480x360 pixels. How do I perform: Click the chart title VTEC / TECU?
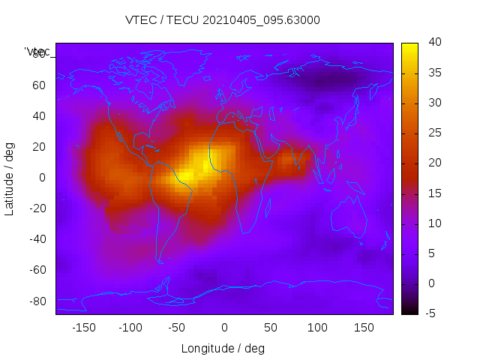click(223, 20)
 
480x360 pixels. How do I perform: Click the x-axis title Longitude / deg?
click(223, 348)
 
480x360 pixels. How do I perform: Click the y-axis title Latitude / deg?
click(10, 178)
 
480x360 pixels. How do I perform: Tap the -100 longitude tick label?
click(130, 327)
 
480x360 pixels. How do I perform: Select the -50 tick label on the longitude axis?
click(177, 327)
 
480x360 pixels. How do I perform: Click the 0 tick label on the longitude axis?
click(224, 327)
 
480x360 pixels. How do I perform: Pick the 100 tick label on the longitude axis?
click(317, 327)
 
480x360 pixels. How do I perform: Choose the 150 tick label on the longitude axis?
click(364, 327)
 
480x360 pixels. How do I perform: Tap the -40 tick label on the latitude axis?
click(36, 239)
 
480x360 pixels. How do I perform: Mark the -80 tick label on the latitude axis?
click(36, 301)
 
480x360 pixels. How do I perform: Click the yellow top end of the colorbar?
click(409, 46)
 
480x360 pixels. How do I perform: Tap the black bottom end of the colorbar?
click(409, 310)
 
